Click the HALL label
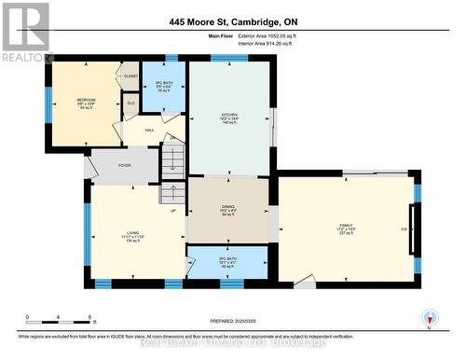pyautogui.click(x=148, y=131)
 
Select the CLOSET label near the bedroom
pyautogui.click(x=130, y=76)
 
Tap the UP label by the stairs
pyautogui.click(x=172, y=210)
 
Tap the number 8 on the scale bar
pyautogui.click(x=89, y=318)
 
